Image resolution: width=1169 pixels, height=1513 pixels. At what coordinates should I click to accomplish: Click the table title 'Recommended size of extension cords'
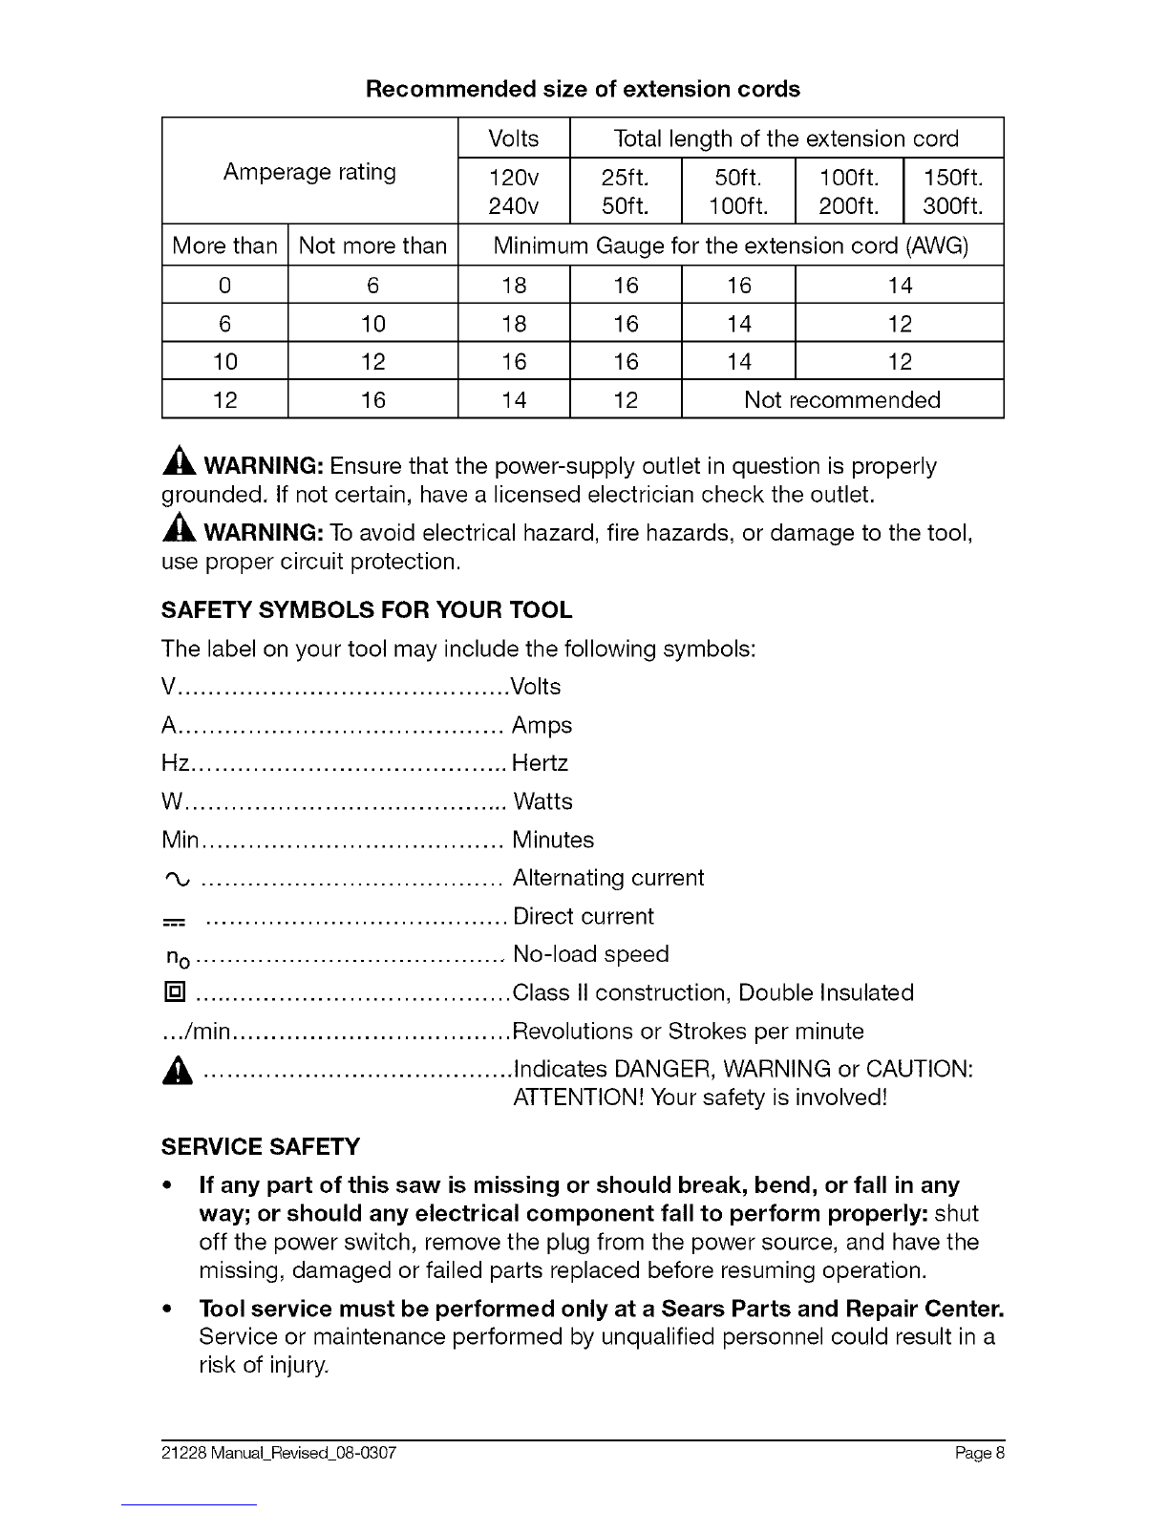(x=583, y=89)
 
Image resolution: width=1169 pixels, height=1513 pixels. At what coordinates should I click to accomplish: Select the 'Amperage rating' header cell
(x=309, y=172)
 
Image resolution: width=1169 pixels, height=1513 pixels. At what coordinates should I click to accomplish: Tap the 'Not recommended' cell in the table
(x=841, y=399)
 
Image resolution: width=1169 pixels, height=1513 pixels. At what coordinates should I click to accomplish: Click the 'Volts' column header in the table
(x=513, y=139)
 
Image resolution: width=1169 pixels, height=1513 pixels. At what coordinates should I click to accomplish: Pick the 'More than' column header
(x=224, y=245)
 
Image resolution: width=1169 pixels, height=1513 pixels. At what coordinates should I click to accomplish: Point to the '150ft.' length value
(x=952, y=179)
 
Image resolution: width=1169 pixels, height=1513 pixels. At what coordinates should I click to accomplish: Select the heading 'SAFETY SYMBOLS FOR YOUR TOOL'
(x=367, y=609)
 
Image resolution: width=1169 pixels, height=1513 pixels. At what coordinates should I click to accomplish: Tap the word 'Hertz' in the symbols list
(x=541, y=763)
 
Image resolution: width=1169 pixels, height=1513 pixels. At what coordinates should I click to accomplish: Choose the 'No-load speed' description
(x=590, y=954)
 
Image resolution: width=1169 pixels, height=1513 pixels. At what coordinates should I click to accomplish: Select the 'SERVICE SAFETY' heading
(x=261, y=1146)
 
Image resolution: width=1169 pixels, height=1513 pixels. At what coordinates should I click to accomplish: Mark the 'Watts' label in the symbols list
(x=542, y=801)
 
